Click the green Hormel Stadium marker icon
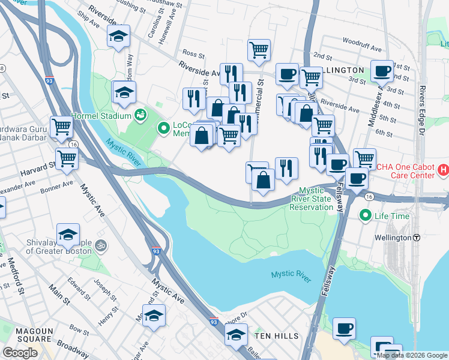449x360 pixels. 141,114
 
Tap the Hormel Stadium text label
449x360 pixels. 100,115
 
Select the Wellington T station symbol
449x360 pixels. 415,238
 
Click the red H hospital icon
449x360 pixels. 444,170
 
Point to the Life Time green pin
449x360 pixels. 364,215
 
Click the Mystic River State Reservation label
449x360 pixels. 312,199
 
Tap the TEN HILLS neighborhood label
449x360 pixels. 276,337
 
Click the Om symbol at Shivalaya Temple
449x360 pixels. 101,245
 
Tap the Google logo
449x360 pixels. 20,353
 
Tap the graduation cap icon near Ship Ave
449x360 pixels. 118,37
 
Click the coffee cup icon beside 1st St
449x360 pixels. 382,71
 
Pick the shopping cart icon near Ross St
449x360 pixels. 259,50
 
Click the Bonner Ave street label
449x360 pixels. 57,183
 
